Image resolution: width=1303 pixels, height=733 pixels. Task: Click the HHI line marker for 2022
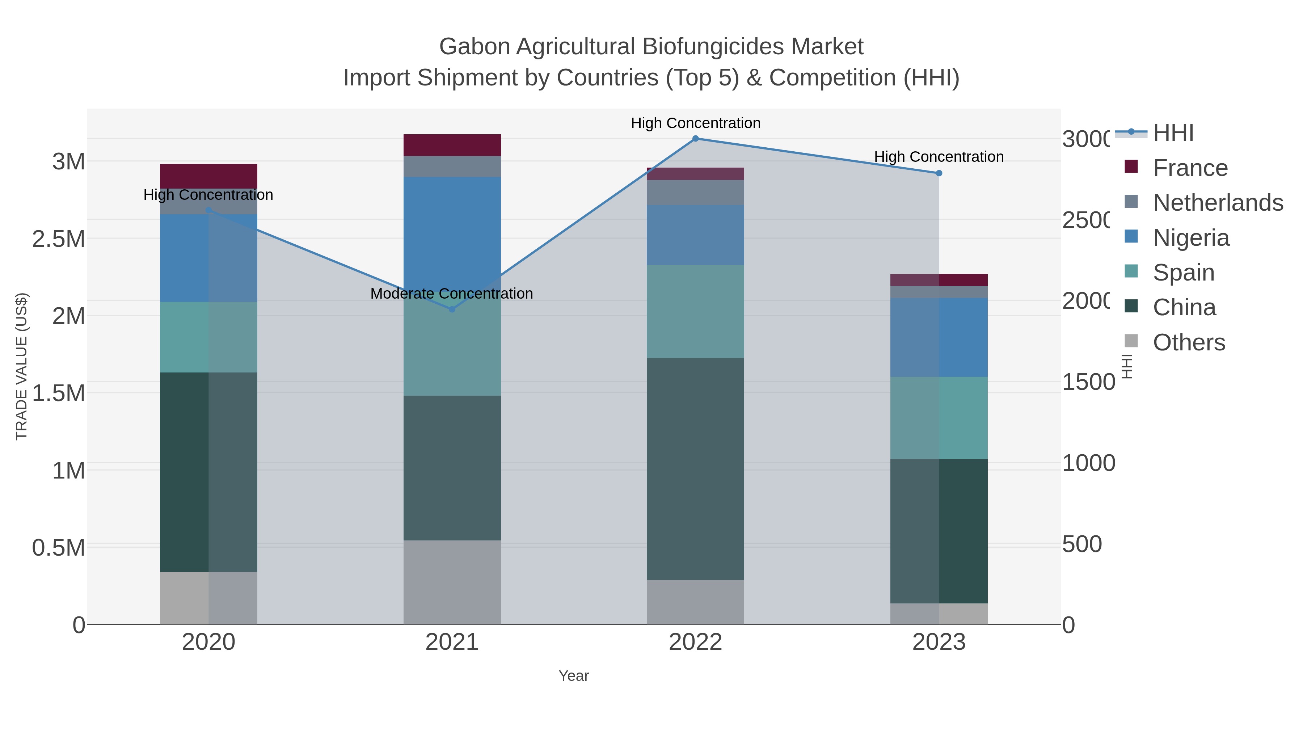click(696, 139)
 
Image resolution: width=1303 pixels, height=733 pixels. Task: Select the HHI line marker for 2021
click(452, 309)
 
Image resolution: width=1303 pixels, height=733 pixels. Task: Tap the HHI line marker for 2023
click(939, 173)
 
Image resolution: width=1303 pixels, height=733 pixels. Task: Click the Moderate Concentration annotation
click(451, 294)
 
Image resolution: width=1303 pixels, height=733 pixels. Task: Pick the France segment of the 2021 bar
click(452, 145)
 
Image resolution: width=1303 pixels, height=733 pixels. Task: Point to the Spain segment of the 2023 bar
click(939, 418)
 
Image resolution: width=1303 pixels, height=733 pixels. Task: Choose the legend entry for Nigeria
click(1191, 238)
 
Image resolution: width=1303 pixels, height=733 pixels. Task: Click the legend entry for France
click(1190, 168)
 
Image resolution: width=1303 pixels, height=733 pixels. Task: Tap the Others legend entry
click(1189, 342)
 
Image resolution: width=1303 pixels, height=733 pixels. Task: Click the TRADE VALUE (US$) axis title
click(22, 366)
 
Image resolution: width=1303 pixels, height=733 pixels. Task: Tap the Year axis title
click(574, 676)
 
